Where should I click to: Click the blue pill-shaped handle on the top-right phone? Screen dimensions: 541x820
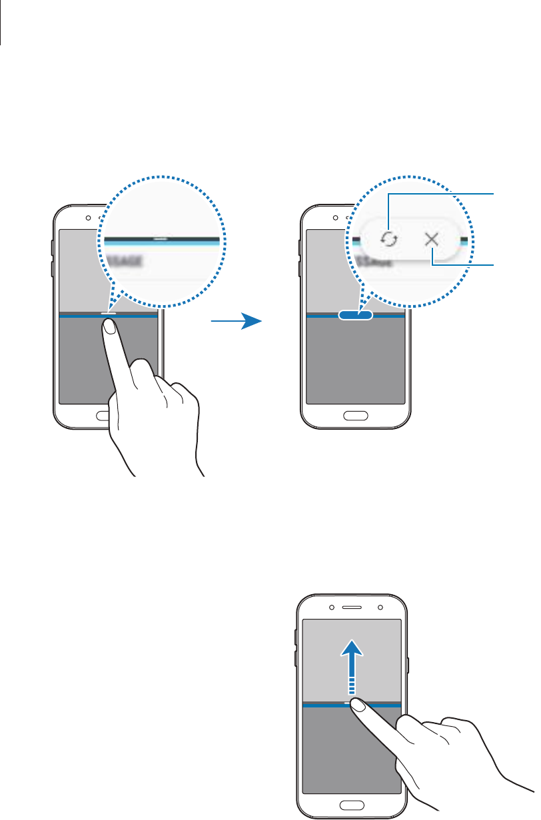click(x=355, y=316)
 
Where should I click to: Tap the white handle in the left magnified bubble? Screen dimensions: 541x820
click(x=163, y=236)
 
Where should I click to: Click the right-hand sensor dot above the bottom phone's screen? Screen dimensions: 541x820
click(x=379, y=608)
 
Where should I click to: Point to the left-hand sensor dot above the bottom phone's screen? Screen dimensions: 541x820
click(x=331, y=608)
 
